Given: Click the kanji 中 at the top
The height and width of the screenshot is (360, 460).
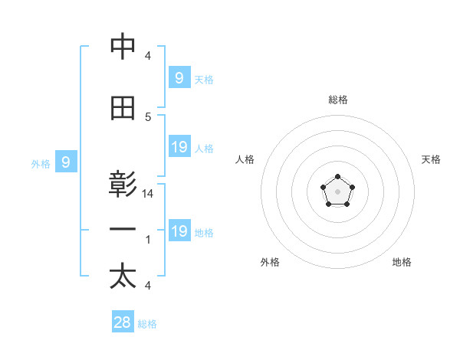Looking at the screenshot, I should coord(123,47).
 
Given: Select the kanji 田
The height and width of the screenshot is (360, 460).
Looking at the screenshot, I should coord(123,109).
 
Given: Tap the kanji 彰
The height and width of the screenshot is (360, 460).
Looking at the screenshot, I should coord(123,185).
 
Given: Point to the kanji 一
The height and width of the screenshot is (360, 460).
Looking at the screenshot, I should coord(123,230).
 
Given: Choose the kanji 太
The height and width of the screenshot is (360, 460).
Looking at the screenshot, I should coord(123,277).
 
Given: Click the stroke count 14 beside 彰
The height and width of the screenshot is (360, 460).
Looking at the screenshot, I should coord(148,195).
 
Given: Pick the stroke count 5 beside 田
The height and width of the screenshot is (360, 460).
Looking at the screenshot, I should coord(148,117).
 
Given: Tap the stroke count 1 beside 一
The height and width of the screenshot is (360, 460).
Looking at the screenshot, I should coord(148,240).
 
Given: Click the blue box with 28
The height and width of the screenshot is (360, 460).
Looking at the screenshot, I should coord(122,322).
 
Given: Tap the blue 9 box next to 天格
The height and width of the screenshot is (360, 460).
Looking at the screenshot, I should coord(179,77).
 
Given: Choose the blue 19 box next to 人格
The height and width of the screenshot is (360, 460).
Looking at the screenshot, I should coord(179,147).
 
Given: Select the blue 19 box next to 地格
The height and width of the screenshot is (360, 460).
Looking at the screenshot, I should coord(179,231).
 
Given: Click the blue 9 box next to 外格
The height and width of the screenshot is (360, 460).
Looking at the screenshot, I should coord(66,162).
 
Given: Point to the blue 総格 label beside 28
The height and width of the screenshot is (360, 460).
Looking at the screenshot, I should coord(147,324).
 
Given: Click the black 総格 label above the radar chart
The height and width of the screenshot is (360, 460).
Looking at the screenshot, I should coord(337,100).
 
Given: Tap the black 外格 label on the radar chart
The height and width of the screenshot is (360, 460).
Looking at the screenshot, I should coord(270,262).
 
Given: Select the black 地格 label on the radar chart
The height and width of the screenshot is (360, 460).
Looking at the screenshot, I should coord(402,262).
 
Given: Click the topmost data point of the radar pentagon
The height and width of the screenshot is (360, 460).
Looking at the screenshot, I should coord(337,178).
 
